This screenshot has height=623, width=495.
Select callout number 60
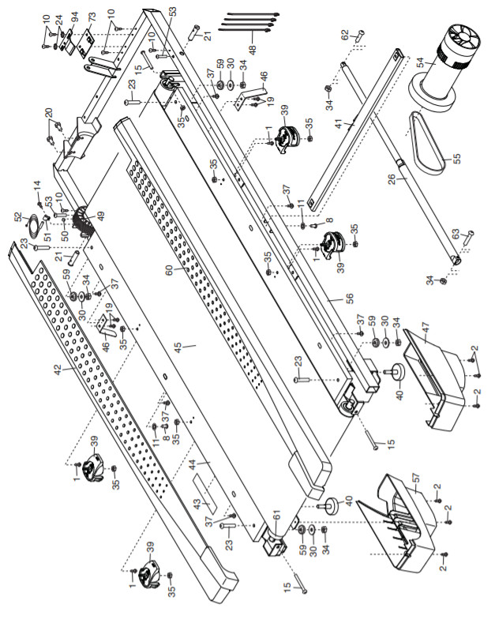coord(167,268)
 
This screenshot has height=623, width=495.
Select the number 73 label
coord(92,17)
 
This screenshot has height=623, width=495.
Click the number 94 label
coord(74,17)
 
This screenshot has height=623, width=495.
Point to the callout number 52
coord(17,216)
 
